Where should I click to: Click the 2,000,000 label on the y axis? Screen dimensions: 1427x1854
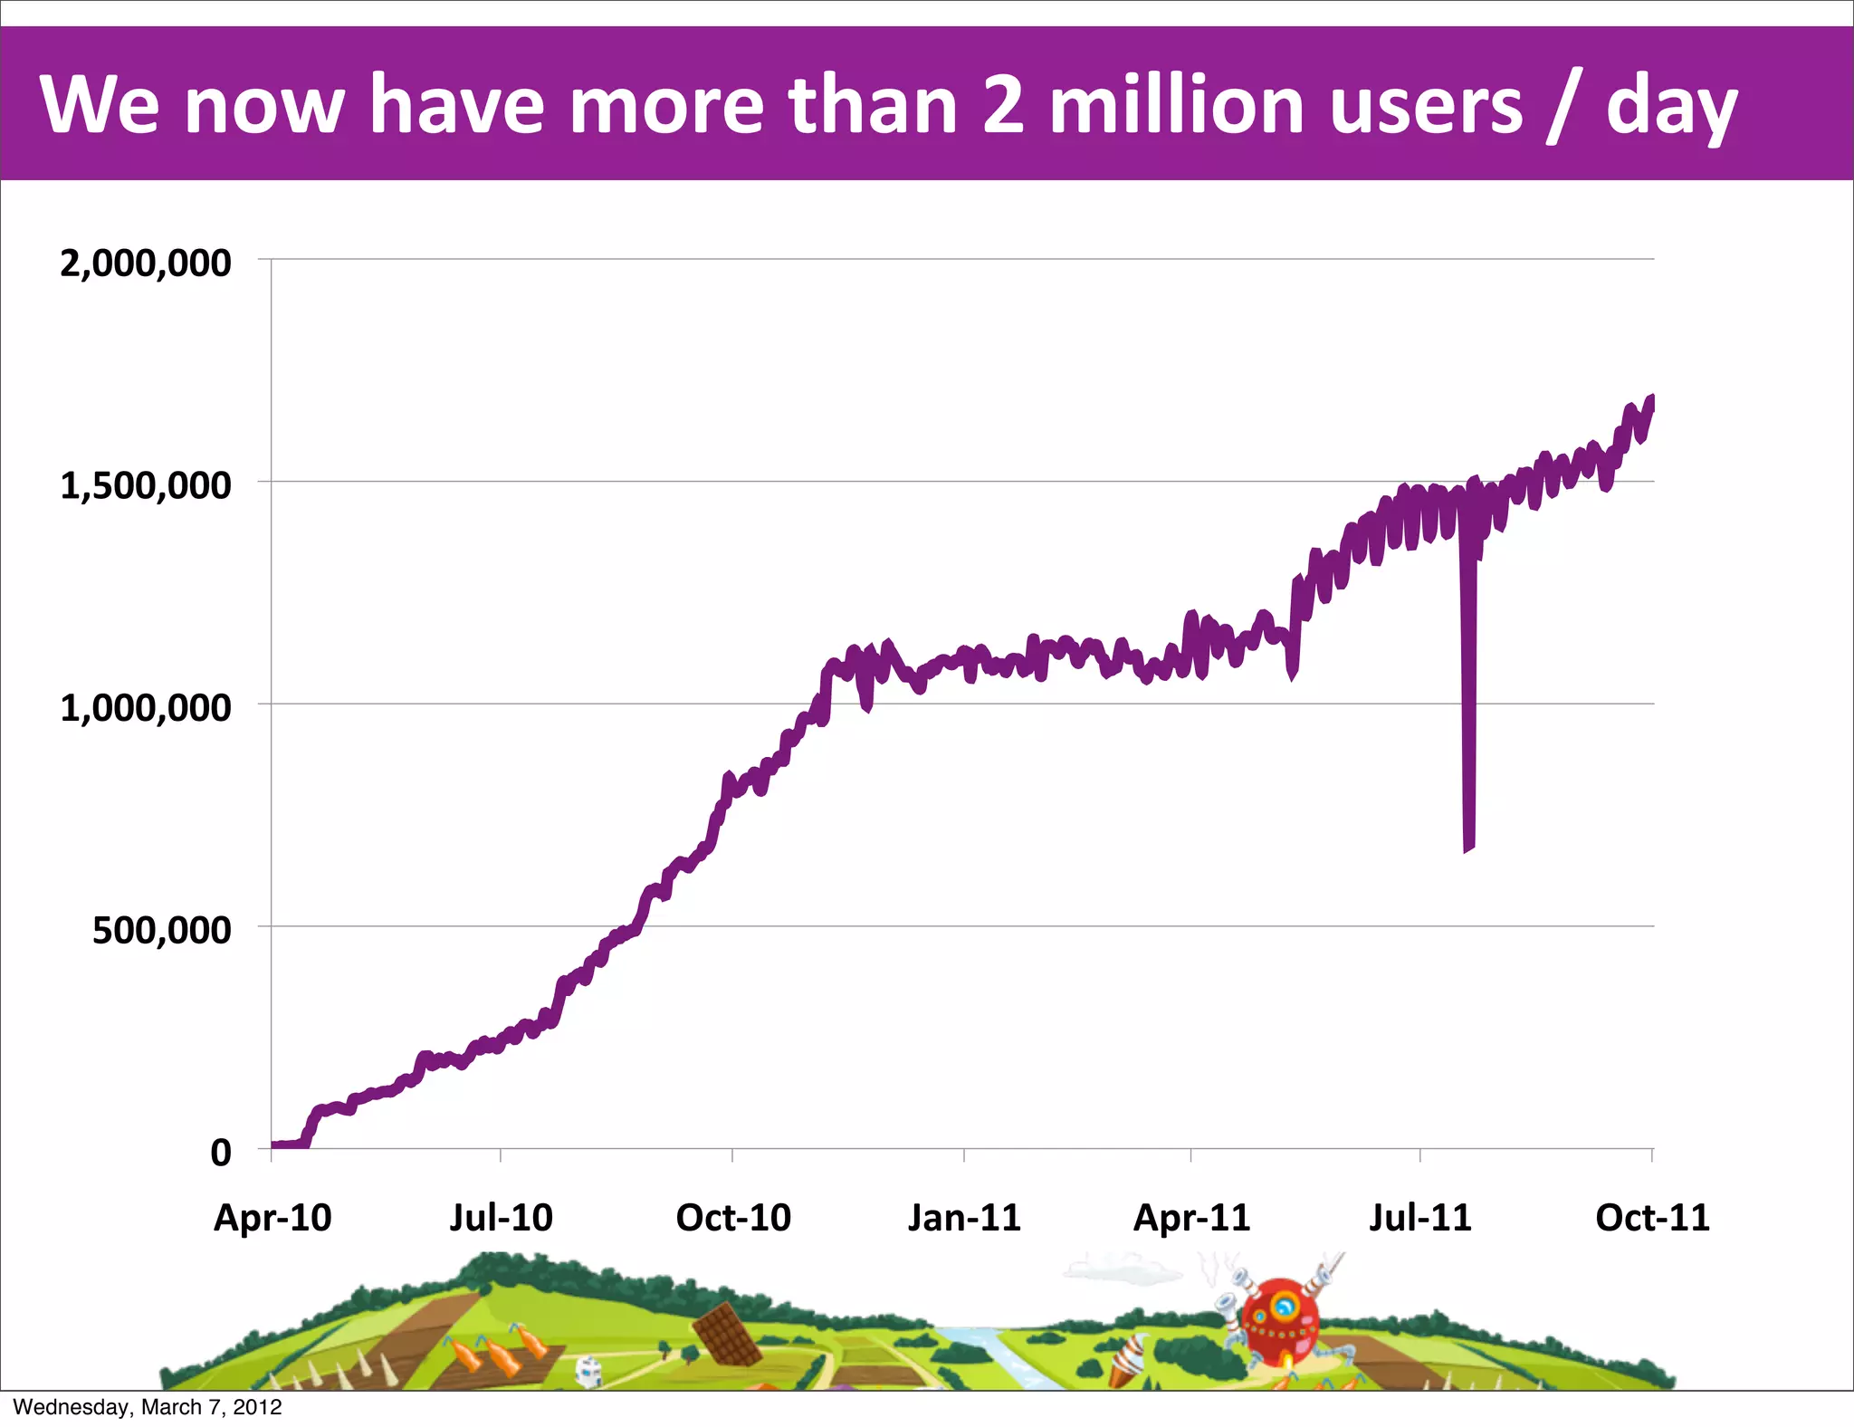[145, 263]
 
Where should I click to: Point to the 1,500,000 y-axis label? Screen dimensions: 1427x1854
[145, 486]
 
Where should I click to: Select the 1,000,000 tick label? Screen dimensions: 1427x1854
[145, 708]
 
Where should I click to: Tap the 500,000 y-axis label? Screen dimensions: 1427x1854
[161, 930]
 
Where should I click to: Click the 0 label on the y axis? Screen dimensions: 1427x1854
[220, 1153]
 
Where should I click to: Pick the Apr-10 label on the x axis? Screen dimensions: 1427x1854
[272, 1218]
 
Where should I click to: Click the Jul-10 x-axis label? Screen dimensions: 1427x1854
[501, 1218]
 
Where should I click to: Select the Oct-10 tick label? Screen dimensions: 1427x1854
[733, 1218]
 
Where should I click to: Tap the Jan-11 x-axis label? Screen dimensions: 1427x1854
[964, 1218]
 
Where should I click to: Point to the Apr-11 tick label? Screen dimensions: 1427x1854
[1191, 1218]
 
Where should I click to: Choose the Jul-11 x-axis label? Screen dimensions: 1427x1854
[1419, 1218]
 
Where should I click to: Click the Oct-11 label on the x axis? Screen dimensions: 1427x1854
[1652, 1218]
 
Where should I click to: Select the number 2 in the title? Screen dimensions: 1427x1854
[1004, 105]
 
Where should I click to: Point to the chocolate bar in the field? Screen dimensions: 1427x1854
[727, 1334]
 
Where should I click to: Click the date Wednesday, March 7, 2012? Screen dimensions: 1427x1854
[148, 1407]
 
